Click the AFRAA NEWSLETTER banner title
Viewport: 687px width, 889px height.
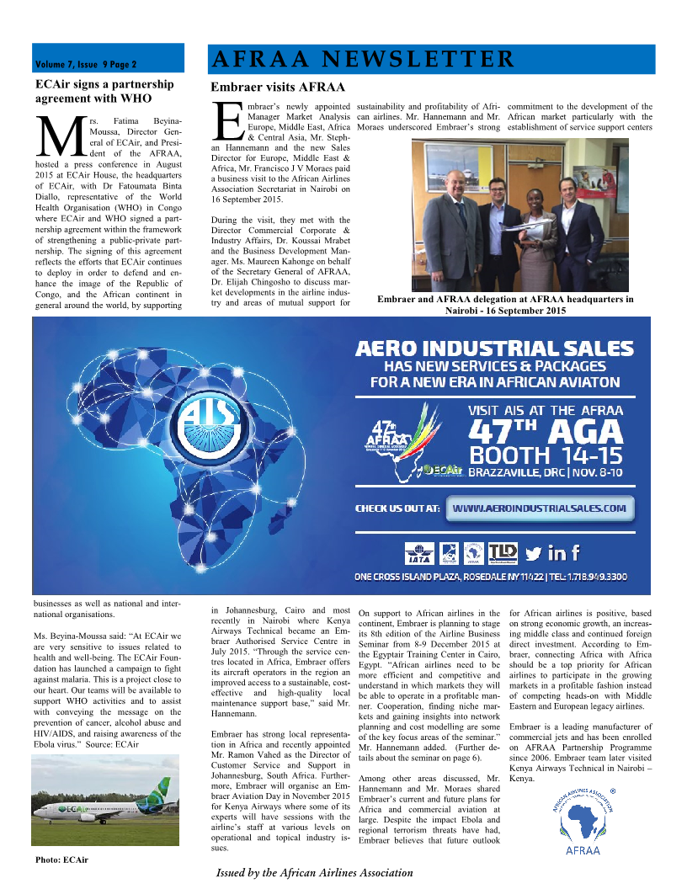[363, 59]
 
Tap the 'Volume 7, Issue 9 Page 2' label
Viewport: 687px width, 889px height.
[86, 64]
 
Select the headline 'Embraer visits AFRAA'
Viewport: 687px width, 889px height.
[277, 87]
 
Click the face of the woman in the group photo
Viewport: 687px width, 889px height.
[535, 196]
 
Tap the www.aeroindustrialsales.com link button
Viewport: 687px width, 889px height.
[540, 508]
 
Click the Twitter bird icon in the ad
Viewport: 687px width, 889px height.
[533, 553]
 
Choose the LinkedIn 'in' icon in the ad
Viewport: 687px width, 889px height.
[557, 553]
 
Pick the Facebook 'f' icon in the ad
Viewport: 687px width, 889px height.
[576, 553]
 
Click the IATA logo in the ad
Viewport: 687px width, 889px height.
[418, 553]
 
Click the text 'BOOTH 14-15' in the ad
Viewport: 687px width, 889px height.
[545, 455]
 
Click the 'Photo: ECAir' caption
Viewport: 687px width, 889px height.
[61, 860]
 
